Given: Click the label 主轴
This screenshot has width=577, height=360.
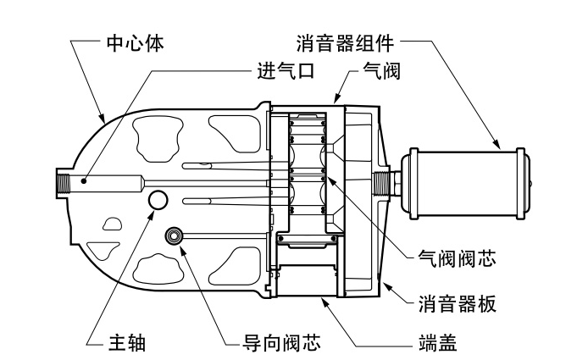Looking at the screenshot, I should click(128, 342).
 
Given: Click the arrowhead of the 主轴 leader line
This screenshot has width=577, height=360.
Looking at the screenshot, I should click(152, 212).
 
